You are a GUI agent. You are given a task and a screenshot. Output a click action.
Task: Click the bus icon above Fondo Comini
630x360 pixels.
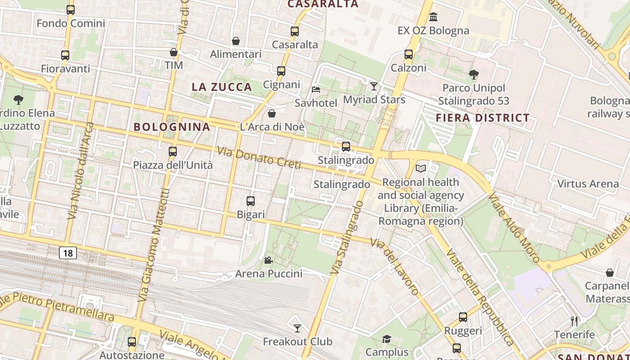click(71, 10)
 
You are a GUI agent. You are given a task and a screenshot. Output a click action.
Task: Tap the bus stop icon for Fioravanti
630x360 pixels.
click(65, 55)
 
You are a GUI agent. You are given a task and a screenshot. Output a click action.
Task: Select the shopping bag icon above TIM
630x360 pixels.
click(174, 52)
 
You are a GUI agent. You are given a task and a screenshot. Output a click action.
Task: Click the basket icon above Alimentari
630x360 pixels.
click(235, 41)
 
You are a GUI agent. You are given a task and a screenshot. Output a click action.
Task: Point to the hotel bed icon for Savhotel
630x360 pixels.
click(316, 90)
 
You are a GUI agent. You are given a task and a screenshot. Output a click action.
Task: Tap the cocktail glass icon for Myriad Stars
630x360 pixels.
click(374, 86)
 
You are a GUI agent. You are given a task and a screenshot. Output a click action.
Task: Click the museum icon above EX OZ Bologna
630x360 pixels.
click(433, 17)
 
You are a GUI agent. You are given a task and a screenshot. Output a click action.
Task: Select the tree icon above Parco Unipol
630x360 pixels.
click(473, 74)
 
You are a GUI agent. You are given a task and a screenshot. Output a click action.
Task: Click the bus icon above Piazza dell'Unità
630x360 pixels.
click(173, 152)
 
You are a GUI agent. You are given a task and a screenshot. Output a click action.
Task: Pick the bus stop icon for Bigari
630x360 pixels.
click(251, 201)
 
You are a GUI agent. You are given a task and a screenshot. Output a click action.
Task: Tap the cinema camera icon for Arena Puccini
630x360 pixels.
click(268, 260)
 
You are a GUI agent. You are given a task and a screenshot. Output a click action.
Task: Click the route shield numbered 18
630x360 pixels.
click(68, 253)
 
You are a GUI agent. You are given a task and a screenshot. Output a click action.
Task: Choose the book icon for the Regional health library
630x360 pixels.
click(421, 168)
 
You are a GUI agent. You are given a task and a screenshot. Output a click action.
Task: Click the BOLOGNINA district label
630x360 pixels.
click(172, 127)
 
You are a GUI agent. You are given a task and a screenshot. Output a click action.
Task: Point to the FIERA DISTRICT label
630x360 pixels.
click(483, 118)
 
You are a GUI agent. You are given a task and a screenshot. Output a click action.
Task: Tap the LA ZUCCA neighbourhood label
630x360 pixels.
click(222, 87)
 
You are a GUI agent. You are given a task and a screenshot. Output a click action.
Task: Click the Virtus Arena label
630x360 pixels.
click(588, 184)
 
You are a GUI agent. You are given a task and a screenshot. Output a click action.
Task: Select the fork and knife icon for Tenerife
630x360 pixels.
click(574, 321)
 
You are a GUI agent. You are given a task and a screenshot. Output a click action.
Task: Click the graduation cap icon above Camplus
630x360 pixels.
click(387, 338)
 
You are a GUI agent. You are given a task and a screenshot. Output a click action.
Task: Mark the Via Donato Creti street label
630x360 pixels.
click(259, 158)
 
